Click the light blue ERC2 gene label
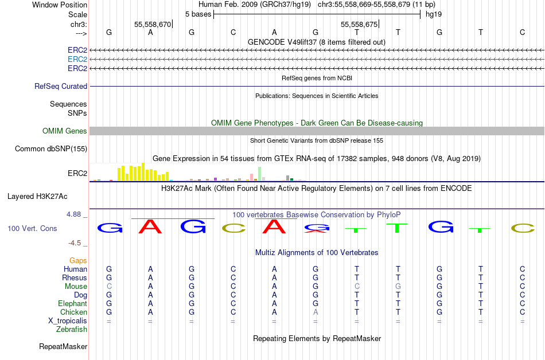tap(77, 60)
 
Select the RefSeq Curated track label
tap(61, 86)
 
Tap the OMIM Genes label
tap(65, 131)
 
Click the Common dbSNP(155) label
tap(51, 148)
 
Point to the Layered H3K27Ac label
tap(37, 197)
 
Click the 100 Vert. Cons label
tap(32, 228)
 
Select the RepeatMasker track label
tap(63, 346)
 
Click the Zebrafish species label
tap(72, 329)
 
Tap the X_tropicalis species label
tap(68, 321)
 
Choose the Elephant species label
tap(72, 303)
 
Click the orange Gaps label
tap(78, 260)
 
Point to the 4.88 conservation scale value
tap(73, 214)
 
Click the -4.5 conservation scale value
tap(75, 243)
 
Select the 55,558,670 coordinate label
tap(153, 24)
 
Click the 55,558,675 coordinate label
tap(359, 24)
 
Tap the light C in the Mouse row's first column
tap(109, 287)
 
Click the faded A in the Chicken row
tap(316, 312)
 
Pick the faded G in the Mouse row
tap(398, 287)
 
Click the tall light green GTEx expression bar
tap(260, 174)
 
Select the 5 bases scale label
tap(198, 14)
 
